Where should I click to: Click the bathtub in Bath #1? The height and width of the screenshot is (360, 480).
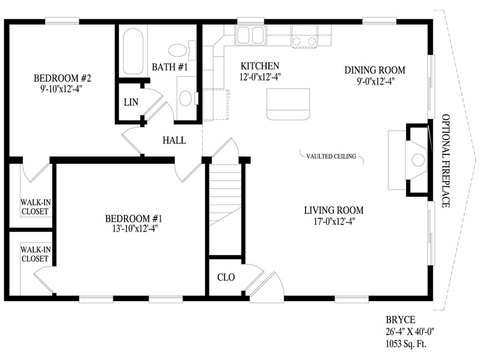tap(133, 52)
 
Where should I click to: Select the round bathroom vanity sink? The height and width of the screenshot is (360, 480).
tap(186, 98)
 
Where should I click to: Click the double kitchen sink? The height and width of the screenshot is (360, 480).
tap(250, 35)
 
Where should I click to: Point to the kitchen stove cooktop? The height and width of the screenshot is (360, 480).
tap(304, 37)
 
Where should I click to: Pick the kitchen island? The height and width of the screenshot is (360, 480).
tap(288, 104)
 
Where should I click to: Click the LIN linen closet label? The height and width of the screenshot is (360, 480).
tap(131, 102)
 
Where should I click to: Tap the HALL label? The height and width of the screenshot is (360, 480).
tap(174, 140)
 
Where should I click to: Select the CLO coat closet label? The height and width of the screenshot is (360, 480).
tap(226, 277)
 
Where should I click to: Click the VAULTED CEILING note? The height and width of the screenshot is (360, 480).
tap(331, 156)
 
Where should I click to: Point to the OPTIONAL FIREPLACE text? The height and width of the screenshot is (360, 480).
tap(446, 161)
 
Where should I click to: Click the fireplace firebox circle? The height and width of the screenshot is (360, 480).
tap(418, 160)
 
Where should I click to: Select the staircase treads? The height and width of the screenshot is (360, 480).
tap(225, 209)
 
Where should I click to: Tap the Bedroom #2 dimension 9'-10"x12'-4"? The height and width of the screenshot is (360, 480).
tap(62, 89)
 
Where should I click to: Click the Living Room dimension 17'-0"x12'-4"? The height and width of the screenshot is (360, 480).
tap(334, 221)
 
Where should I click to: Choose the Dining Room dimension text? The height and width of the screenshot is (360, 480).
tap(376, 81)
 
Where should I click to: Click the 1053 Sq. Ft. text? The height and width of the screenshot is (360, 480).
tap(406, 343)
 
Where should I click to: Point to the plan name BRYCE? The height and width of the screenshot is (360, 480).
tap(401, 320)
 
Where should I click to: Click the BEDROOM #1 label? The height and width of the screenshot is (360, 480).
tap(134, 218)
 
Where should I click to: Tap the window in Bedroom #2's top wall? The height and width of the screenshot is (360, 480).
tap(62, 21)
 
